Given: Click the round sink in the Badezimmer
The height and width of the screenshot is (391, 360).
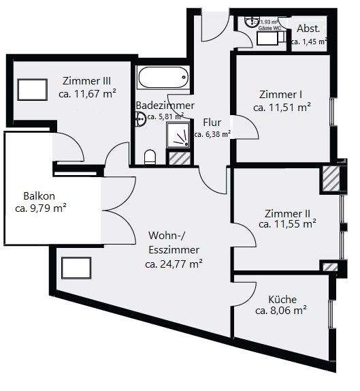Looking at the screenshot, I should tap(141, 119).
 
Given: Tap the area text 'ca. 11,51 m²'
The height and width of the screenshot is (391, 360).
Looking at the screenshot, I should tap(282, 107).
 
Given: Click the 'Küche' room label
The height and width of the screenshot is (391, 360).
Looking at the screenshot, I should tap(282, 298).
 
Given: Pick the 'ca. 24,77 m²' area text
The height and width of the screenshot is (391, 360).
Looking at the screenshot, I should tap(174, 263).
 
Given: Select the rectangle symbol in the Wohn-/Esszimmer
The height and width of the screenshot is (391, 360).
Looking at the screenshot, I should tap(76, 268).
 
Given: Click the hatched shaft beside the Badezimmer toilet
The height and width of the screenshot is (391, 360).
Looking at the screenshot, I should tap(180, 159).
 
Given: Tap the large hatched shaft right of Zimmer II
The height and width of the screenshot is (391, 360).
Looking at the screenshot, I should tap(330, 178).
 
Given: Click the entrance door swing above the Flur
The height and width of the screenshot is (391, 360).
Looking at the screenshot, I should tap(215, 27).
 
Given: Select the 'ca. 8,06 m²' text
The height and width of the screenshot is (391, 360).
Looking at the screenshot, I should tap(280, 311).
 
